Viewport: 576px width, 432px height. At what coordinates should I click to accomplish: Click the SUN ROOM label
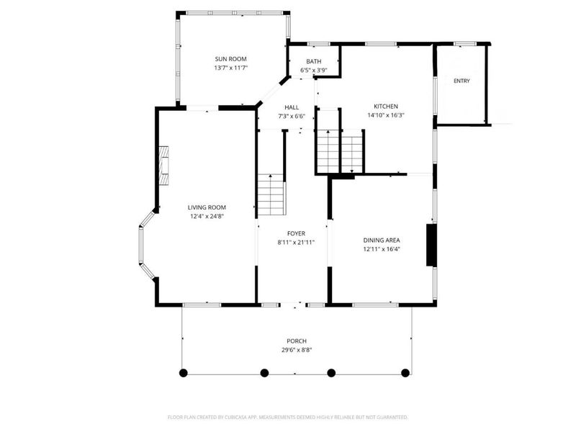(x=230, y=59)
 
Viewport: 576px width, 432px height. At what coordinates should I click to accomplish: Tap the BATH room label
(x=314, y=61)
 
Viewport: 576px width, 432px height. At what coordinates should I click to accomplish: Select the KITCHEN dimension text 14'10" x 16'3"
(x=386, y=115)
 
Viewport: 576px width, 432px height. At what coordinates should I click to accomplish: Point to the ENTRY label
(x=462, y=81)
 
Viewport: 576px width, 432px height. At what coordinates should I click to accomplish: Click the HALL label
(x=292, y=107)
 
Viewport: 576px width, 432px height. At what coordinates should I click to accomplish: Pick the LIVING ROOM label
(x=207, y=207)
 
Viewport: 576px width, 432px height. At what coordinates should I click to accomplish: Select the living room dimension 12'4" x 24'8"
(x=207, y=217)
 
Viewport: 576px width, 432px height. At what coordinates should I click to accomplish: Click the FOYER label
(x=296, y=233)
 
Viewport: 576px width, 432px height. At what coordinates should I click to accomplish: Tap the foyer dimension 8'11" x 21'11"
(x=296, y=243)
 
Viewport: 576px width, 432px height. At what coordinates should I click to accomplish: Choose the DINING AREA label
(x=382, y=240)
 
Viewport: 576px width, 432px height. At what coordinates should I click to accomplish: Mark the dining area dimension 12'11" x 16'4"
(x=382, y=249)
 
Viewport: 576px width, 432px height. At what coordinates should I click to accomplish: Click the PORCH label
(x=297, y=341)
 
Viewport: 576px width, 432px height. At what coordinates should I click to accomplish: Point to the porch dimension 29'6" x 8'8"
(x=297, y=350)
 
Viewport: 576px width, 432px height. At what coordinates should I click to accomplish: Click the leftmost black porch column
(x=184, y=373)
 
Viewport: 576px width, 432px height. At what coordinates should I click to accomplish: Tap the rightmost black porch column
(x=405, y=373)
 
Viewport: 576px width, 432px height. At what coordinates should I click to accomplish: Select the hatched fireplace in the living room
(x=164, y=166)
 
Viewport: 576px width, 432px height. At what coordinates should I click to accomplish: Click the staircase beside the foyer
(x=271, y=194)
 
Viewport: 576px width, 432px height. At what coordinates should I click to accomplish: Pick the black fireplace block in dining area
(x=431, y=245)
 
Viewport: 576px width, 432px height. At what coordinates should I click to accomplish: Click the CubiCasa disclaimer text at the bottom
(x=287, y=418)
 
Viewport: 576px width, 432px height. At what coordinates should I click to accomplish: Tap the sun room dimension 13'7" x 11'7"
(x=230, y=68)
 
